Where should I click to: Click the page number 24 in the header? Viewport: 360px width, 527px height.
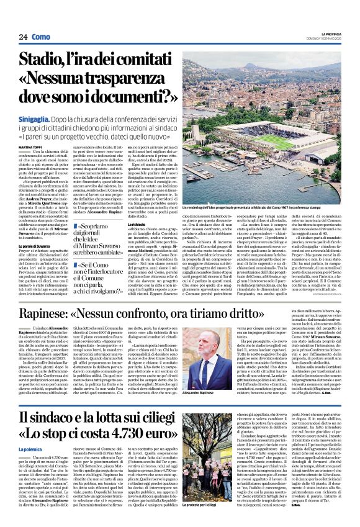tap(23, 36)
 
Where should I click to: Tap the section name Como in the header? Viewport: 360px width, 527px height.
tap(41, 36)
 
